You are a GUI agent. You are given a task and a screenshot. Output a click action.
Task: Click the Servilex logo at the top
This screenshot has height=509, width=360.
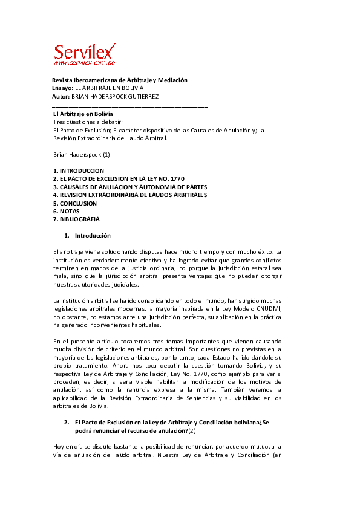pyautogui.click(x=85, y=51)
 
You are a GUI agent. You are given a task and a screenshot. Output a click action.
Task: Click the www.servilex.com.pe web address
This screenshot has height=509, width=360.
pyautogui.click(x=84, y=62)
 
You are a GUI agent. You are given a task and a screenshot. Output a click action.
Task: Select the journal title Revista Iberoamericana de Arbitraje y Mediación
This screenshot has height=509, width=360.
pyautogui.click(x=120, y=80)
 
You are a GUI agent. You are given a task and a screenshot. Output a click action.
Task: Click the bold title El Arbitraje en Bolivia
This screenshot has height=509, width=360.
pyautogui.click(x=83, y=114)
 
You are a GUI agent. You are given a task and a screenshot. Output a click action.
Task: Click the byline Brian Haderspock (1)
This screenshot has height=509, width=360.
pyautogui.click(x=81, y=154)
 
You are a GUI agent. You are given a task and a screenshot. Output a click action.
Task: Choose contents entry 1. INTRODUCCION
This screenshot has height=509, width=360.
pyautogui.click(x=79, y=171)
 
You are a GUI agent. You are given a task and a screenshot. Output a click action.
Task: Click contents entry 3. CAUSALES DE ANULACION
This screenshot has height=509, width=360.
pyautogui.click(x=129, y=187)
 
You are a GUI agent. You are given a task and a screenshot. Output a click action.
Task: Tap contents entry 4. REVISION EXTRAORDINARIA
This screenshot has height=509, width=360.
pyautogui.click(x=129, y=195)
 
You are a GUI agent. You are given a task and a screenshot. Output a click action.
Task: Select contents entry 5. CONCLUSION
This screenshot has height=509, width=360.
pyautogui.click(x=74, y=203)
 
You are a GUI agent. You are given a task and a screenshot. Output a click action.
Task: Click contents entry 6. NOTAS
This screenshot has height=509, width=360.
pyautogui.click(x=67, y=211)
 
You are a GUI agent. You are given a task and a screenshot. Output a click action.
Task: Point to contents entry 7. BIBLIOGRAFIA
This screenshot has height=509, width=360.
pyautogui.click(x=76, y=219)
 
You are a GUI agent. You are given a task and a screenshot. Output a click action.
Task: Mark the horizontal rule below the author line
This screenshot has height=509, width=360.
pyautogui.click(x=130, y=106)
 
